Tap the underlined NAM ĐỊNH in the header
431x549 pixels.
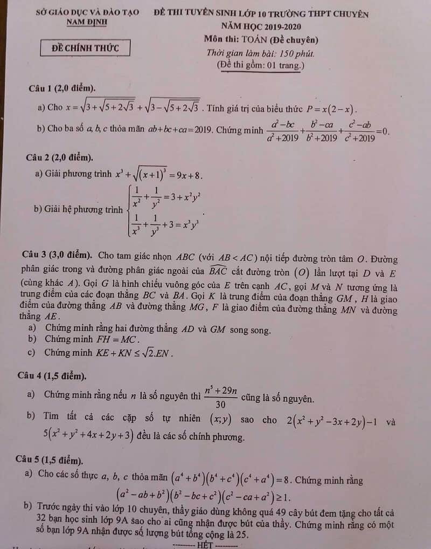(x=87, y=22)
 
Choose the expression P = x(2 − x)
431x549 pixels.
(x=331, y=108)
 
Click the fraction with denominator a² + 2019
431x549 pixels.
(x=282, y=131)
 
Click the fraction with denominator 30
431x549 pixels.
(x=220, y=396)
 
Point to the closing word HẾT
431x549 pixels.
(x=205, y=545)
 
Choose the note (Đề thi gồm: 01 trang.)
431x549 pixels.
(x=261, y=65)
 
